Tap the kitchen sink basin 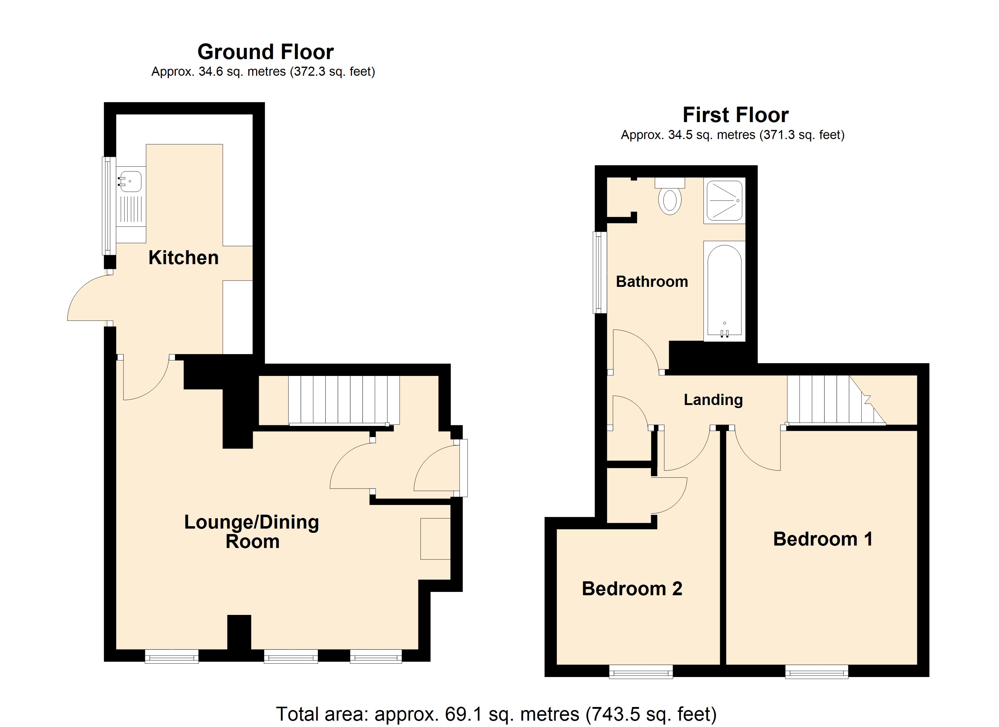pos(131,181)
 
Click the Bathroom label pos(652,282)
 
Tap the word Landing pos(713,400)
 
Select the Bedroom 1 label pos(823,539)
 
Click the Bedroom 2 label pos(632,589)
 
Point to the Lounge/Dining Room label pos(252,532)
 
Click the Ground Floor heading pos(265,52)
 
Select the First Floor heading pos(736,115)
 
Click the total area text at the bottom pos(496,714)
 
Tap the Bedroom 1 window pos(817,672)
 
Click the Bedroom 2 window pos(641,672)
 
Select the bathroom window pos(599,272)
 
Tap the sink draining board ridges pos(131,209)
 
